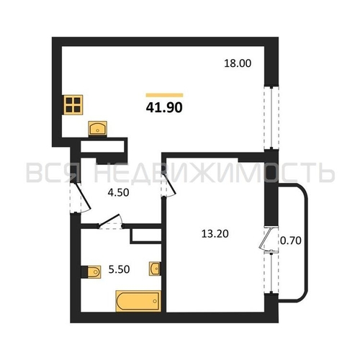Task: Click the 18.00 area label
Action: click(238, 63)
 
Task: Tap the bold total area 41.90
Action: click(164, 107)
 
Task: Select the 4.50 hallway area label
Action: click(118, 192)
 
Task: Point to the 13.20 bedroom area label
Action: click(215, 234)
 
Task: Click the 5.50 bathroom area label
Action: click(119, 269)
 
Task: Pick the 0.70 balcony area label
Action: click(291, 240)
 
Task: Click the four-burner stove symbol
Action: click(73, 104)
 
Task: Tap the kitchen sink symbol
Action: click(98, 128)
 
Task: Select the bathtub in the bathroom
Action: click(138, 301)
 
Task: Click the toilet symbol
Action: click(91, 272)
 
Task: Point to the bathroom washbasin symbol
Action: click(155, 269)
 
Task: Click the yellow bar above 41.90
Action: click(164, 95)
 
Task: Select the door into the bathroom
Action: click(109, 221)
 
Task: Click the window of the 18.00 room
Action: click(271, 118)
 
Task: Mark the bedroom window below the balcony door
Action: click(271, 271)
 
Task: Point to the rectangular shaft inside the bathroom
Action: click(146, 236)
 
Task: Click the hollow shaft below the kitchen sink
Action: click(102, 146)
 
